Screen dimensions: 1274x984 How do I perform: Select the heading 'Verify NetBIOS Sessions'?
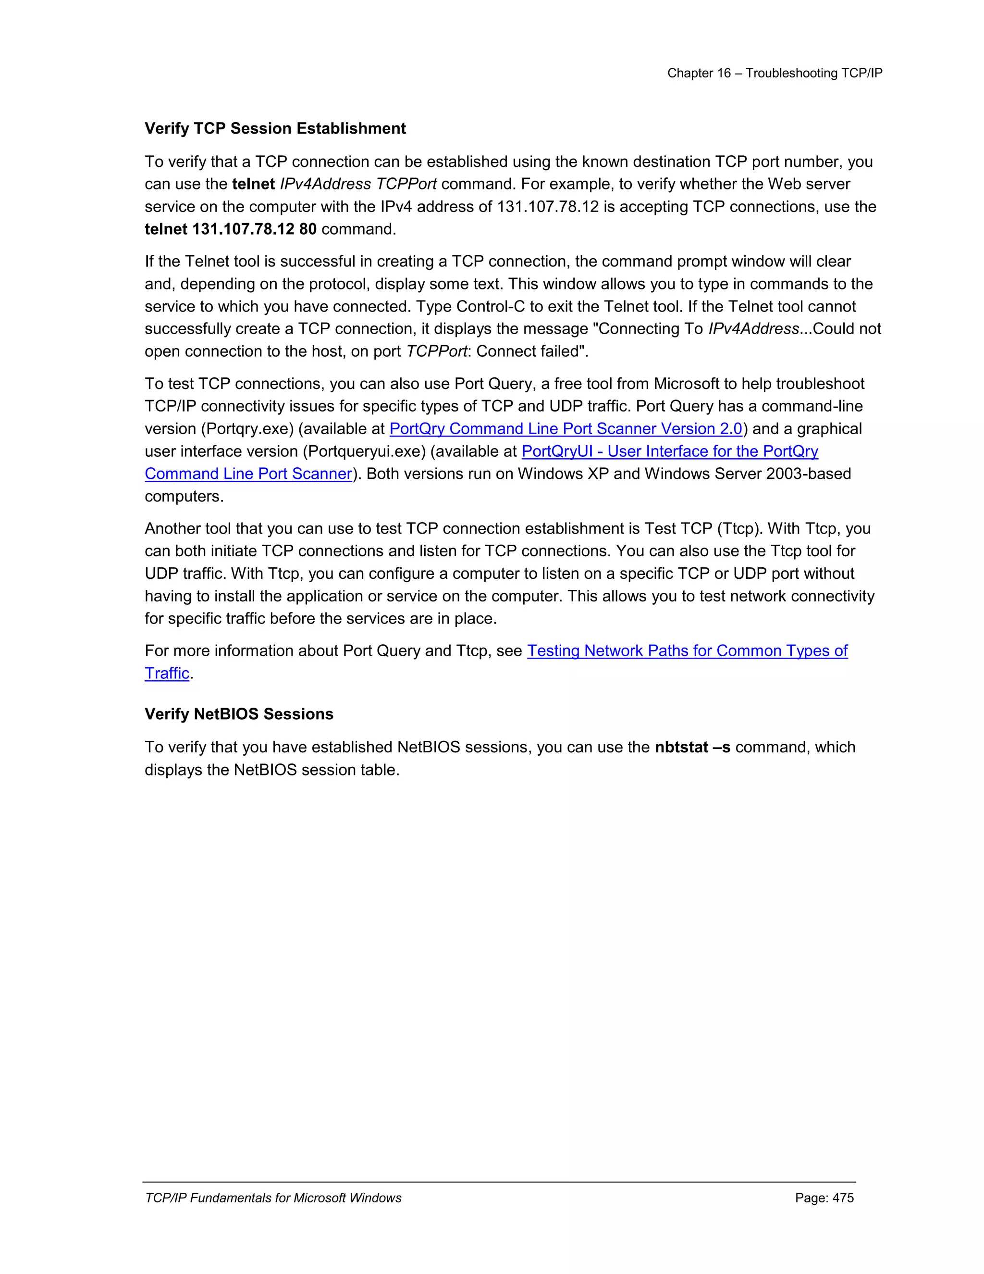239,714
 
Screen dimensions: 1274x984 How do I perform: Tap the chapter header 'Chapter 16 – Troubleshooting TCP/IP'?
774,73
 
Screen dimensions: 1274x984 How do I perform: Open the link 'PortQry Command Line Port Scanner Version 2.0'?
566,429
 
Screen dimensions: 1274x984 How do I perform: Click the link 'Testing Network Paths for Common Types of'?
687,651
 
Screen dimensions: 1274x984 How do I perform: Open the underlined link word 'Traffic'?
167,674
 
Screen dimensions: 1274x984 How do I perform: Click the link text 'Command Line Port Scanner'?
248,474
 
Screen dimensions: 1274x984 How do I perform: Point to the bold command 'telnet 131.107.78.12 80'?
230,229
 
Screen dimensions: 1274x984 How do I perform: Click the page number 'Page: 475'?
824,1198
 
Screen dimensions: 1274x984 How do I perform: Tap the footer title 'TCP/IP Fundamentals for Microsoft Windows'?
273,1198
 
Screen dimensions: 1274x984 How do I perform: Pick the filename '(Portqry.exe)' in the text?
247,429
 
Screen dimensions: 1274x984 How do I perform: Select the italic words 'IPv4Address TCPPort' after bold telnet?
358,184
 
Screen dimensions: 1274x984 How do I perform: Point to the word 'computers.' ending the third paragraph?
184,497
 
